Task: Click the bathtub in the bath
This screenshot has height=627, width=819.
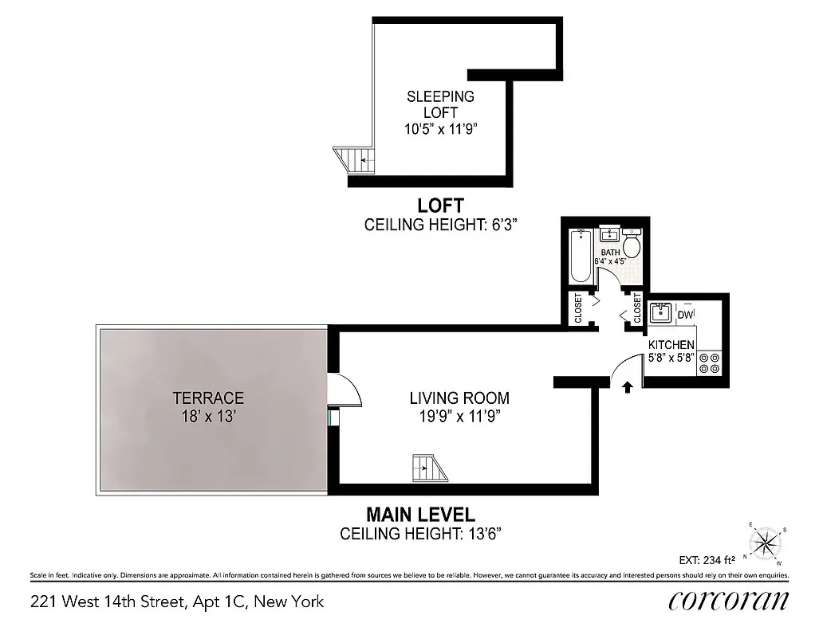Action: click(581, 256)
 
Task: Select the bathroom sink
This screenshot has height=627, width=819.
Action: click(610, 235)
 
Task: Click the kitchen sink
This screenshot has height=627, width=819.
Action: click(661, 312)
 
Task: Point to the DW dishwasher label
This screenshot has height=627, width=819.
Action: click(685, 315)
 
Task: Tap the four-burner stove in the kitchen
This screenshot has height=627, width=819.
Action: click(709, 363)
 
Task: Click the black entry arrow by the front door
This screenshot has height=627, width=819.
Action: click(627, 387)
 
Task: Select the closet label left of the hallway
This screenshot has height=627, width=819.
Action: click(579, 309)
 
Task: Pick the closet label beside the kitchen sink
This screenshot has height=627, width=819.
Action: click(637, 309)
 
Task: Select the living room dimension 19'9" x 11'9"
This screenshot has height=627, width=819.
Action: click(459, 415)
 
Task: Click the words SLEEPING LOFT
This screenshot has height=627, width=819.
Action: click(440, 104)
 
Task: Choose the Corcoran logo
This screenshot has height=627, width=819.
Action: click(728, 601)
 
